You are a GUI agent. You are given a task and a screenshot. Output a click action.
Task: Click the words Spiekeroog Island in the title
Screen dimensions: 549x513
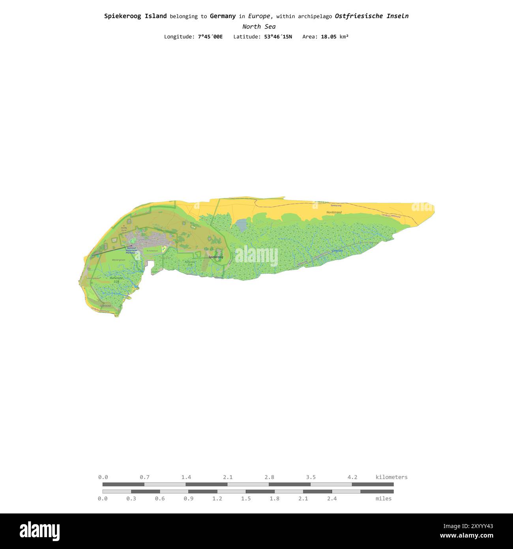pos(135,16)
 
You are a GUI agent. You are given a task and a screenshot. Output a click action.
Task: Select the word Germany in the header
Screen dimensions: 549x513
pos(223,16)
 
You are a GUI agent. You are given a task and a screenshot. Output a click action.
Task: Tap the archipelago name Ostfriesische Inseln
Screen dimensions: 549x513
pos(371,16)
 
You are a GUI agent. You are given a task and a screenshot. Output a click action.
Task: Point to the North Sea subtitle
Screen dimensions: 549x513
pos(259,26)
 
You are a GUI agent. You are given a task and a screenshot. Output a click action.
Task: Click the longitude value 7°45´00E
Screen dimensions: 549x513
pos(210,37)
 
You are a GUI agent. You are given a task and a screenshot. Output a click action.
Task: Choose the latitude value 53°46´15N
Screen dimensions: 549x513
pos(278,37)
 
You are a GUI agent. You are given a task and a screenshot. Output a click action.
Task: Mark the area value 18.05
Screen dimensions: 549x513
pos(329,37)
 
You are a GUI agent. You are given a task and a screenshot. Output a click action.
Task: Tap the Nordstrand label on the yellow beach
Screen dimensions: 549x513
pos(334,212)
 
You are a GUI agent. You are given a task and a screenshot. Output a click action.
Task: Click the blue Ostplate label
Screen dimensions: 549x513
pos(337,251)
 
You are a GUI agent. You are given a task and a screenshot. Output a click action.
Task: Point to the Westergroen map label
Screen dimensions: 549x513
pos(118,260)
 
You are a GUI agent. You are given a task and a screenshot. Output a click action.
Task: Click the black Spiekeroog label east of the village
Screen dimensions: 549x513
pos(216,257)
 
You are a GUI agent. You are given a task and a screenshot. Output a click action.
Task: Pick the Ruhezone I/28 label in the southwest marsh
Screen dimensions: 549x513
pos(116,280)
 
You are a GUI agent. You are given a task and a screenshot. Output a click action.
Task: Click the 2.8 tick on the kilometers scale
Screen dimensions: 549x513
pos(270,477)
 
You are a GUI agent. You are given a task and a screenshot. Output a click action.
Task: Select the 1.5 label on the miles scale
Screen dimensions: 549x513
pos(246,498)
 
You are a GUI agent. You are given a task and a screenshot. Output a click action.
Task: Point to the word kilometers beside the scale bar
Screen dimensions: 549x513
pos(391,477)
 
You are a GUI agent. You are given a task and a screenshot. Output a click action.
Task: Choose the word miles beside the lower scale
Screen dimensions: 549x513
pos(384,498)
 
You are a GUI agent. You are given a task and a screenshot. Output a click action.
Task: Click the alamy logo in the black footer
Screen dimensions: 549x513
pos(39,531)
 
